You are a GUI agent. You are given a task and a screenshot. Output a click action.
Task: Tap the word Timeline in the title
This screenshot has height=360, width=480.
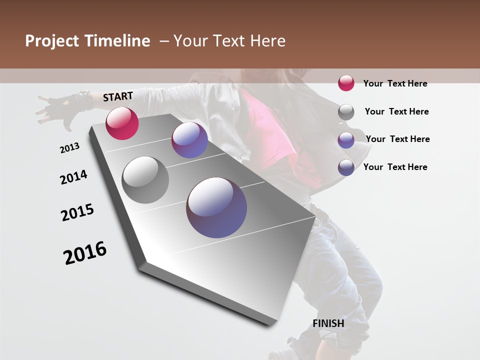[117, 41]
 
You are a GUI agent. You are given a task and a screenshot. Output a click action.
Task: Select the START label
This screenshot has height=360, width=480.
[118, 96]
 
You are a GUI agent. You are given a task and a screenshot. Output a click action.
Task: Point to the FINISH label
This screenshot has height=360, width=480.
[328, 323]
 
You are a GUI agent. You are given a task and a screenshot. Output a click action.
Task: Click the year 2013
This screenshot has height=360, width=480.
[69, 148]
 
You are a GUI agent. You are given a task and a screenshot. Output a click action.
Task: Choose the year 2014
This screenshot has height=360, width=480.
[73, 177]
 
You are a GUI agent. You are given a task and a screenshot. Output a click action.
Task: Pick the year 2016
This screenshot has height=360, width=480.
[85, 253]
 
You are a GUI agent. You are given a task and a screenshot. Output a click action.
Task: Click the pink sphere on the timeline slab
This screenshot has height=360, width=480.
[122, 123]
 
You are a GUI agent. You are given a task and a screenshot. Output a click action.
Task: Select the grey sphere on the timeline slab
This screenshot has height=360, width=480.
[145, 180]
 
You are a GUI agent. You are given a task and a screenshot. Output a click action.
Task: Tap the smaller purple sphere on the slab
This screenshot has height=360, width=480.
[189, 140]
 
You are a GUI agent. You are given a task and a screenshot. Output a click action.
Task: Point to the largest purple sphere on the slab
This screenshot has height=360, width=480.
[216, 207]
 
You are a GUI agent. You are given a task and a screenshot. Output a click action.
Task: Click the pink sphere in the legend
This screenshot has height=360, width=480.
[346, 83]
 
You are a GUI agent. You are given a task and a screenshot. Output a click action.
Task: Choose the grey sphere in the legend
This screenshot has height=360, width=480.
[346, 112]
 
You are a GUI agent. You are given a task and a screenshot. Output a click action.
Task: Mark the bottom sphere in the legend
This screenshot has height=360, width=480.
[346, 167]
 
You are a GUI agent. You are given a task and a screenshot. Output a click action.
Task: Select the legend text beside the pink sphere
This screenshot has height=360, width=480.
[395, 83]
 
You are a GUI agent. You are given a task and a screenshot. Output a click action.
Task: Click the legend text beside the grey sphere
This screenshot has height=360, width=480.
[396, 111]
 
